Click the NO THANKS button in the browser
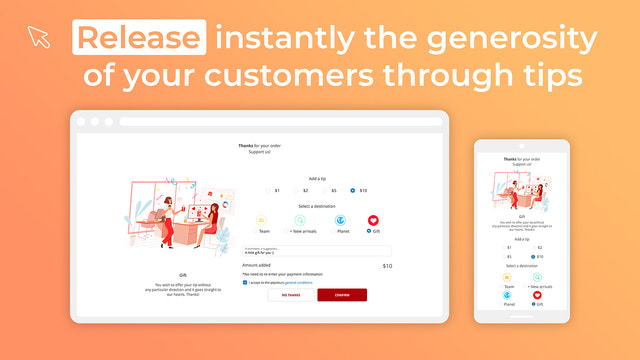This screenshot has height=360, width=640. tap(291, 295)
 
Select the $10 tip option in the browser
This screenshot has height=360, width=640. tap(353, 190)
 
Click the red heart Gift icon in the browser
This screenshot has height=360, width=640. tap(373, 220)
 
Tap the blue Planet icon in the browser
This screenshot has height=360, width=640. tap(339, 220)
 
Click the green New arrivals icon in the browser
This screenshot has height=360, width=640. tap(300, 220)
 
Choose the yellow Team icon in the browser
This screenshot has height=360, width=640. tap(262, 220)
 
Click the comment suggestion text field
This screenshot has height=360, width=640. tap(316, 252)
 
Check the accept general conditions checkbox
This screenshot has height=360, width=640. tap(245, 283)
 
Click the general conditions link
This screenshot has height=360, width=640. tap(303, 283)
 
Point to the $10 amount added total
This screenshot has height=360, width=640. tap(386, 266)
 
